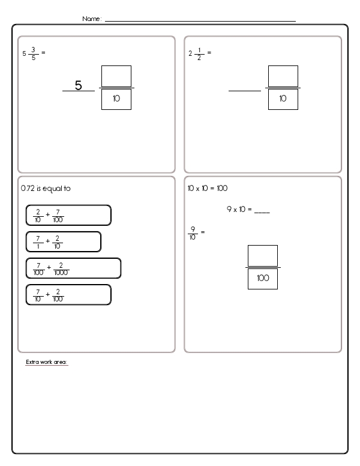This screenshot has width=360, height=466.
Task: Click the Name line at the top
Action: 200,20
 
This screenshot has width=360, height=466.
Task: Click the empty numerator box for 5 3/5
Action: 116,76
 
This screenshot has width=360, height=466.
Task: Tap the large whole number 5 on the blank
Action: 78,86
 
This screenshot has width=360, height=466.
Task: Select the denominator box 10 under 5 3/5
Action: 116,99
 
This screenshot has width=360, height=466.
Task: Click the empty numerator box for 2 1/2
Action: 283,76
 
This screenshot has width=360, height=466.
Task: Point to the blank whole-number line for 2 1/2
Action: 244,91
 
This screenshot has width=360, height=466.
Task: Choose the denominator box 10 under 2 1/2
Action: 283,99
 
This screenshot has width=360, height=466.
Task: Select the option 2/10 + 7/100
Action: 68,215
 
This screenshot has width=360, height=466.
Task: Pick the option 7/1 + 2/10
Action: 63,241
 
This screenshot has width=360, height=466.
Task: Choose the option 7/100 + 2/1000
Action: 73,268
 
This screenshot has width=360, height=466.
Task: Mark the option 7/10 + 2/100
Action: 68,294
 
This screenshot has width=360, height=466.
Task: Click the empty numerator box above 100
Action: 263,255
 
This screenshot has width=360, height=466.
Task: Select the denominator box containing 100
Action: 263,279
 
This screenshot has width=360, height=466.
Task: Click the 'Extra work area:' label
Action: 47,362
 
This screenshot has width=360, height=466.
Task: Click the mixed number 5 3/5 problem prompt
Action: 33,53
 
